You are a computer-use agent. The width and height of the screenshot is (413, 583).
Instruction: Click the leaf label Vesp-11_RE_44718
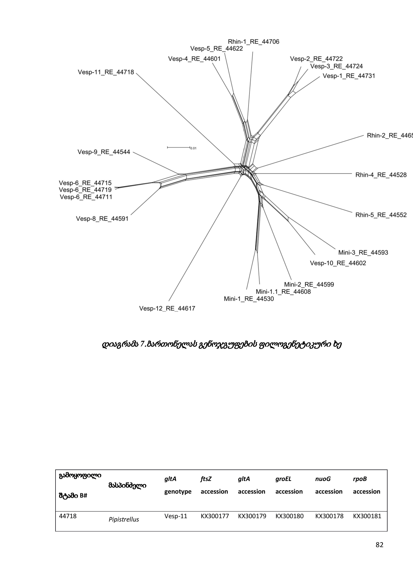click(x=106, y=72)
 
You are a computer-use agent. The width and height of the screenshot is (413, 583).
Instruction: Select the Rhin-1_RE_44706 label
click(x=253, y=42)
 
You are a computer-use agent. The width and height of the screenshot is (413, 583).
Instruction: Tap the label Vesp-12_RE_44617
click(x=167, y=308)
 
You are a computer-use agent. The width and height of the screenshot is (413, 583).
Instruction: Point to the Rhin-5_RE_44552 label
click(x=381, y=215)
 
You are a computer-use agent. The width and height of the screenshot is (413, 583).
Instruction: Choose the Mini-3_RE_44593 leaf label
click(x=363, y=252)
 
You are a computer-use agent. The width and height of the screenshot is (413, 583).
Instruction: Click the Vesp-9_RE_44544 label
click(x=104, y=152)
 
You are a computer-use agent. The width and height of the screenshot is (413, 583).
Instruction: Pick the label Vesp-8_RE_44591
click(x=102, y=219)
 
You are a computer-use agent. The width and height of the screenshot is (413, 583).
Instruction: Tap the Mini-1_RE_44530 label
click(x=249, y=299)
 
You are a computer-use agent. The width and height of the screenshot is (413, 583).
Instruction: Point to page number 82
click(x=379, y=545)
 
